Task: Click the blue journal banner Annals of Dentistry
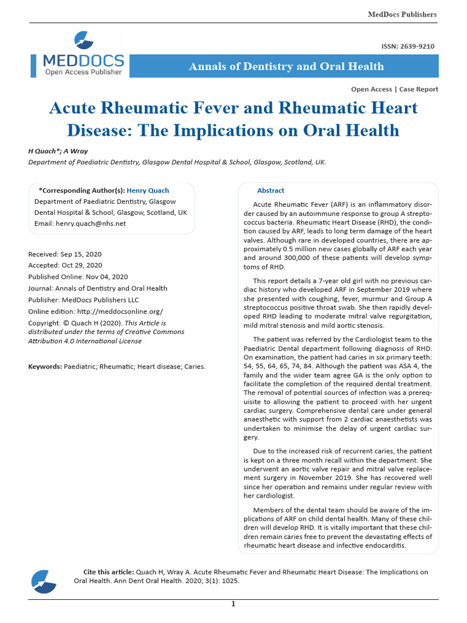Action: pyautogui.click(x=286, y=66)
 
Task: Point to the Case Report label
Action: pyautogui.click(x=419, y=89)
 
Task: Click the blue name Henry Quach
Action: pyautogui.click(x=148, y=190)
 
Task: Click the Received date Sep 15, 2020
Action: pyautogui.click(x=81, y=254)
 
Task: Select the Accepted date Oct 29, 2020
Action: pyautogui.click(x=81, y=265)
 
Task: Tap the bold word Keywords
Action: pyautogui.click(x=44, y=367)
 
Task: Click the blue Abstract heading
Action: pyautogui.click(x=271, y=190)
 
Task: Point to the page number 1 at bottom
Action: pyautogui.click(x=233, y=604)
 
